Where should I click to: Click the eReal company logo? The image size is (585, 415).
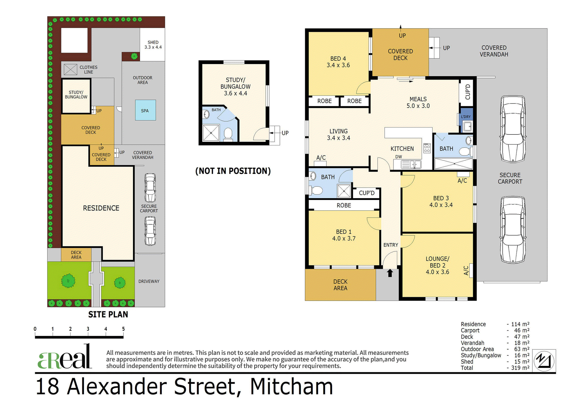[65, 357]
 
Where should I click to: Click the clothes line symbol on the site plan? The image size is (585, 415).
[70, 70]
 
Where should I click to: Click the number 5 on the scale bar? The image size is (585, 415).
[123, 329]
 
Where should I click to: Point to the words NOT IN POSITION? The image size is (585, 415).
[233, 171]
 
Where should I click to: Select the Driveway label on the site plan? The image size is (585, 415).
[149, 281]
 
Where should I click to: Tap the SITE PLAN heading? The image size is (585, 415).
[108, 314]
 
